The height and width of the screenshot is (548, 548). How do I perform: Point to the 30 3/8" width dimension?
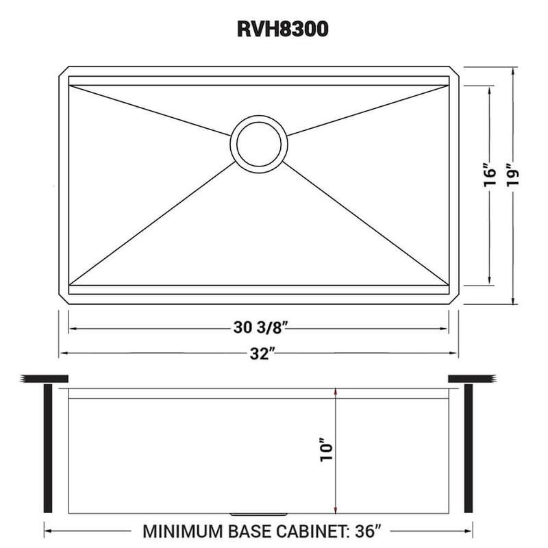[258, 328]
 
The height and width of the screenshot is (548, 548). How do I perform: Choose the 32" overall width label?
[258, 353]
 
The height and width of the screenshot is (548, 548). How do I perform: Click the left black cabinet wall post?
[47, 449]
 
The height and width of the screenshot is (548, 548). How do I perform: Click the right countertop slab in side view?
[472, 379]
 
